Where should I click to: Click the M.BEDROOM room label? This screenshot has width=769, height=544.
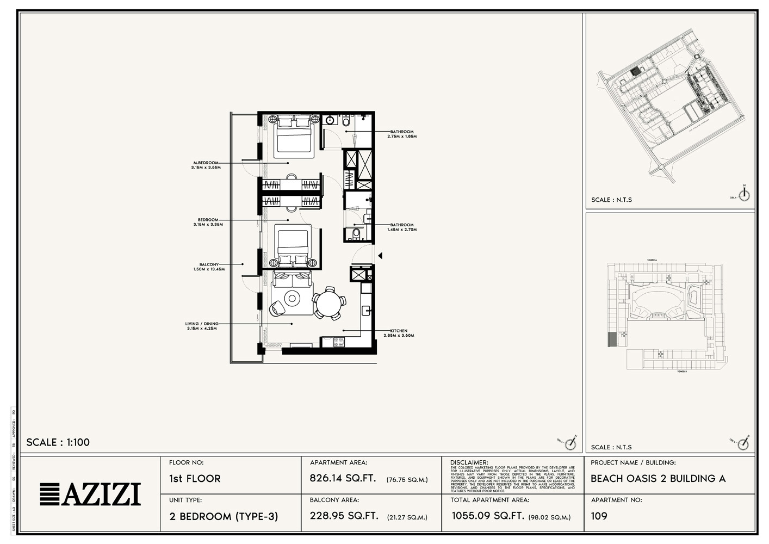(x=206, y=163)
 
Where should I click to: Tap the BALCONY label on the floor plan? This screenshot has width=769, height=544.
(x=209, y=264)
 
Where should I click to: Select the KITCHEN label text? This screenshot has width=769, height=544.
(x=399, y=331)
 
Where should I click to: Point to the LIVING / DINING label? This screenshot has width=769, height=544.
(x=202, y=324)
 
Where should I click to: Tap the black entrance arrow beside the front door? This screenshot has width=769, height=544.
(x=380, y=255)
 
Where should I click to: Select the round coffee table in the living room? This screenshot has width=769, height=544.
(x=293, y=298)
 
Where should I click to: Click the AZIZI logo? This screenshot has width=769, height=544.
(x=90, y=494)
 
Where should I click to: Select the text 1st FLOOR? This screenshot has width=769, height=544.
(x=195, y=479)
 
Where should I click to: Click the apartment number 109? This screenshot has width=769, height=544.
(x=599, y=516)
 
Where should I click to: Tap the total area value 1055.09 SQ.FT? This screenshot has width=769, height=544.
(x=487, y=516)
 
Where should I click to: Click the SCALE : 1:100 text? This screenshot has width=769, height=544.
(x=58, y=442)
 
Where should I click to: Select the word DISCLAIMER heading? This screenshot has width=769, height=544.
(x=469, y=462)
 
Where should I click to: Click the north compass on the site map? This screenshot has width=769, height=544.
(x=744, y=194)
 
